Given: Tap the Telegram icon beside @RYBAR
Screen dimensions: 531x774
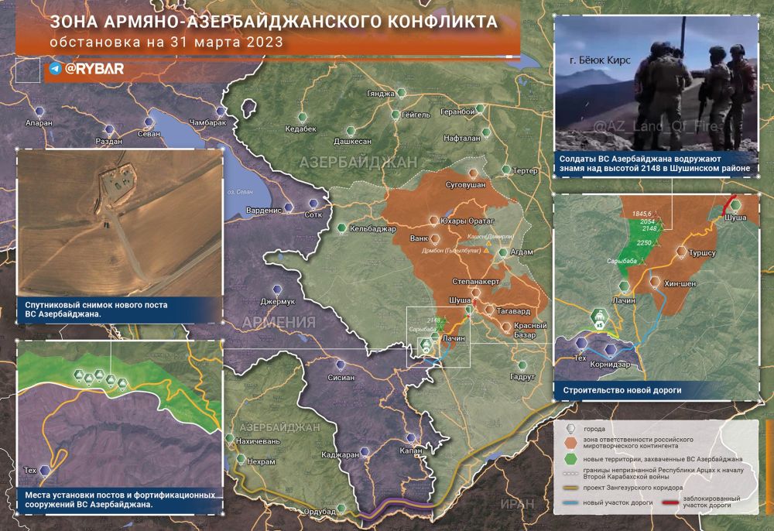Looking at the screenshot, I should [55, 69].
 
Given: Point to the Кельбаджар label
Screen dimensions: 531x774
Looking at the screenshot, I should [372, 228].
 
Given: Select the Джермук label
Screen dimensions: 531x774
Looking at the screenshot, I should [278, 301].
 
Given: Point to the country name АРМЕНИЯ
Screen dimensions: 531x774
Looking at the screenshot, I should [279, 322].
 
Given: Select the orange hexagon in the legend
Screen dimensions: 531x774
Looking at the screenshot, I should [570, 442].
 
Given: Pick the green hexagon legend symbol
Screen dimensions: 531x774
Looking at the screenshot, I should [570, 459].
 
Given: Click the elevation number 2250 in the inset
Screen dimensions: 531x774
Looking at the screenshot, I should [645, 242].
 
